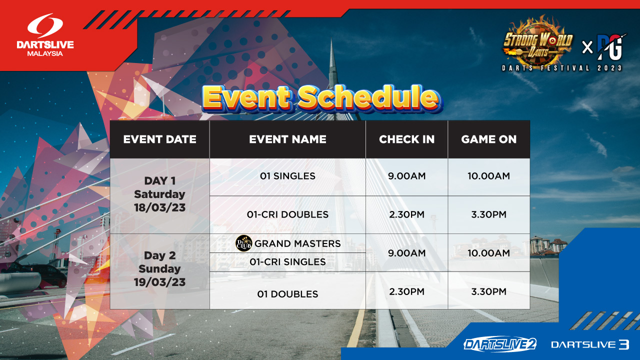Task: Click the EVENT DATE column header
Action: click(x=159, y=139)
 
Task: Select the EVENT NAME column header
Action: click(x=287, y=139)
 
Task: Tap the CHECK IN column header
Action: click(x=406, y=139)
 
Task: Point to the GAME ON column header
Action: click(x=488, y=139)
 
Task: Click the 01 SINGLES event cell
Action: click(x=287, y=176)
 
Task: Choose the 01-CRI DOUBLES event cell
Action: click(x=287, y=214)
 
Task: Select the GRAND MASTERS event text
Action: click(x=297, y=243)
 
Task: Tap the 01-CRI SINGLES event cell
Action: click(x=287, y=261)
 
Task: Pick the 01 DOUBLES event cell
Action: click(x=287, y=294)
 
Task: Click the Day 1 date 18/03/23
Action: click(x=159, y=207)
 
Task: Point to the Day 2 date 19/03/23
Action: click(x=159, y=282)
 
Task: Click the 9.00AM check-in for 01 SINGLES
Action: click(x=406, y=176)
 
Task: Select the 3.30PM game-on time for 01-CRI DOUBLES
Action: click(x=488, y=214)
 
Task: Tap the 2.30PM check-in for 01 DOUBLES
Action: click(x=406, y=291)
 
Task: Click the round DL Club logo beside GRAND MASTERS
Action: click(x=243, y=243)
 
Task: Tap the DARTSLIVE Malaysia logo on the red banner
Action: click(x=45, y=35)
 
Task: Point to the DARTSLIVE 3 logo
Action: click(x=590, y=344)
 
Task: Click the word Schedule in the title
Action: click(x=368, y=97)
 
